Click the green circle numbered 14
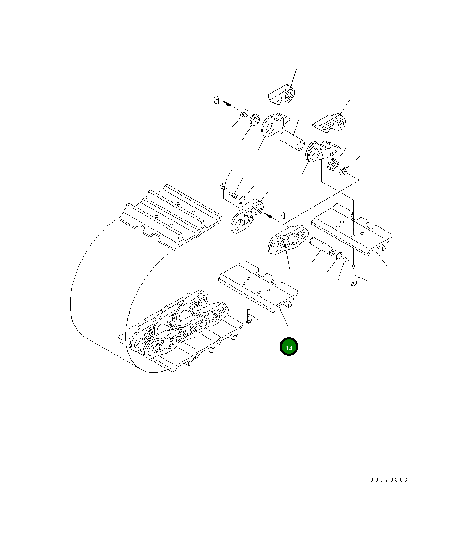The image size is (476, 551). click(x=289, y=347)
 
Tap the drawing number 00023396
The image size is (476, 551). click(x=389, y=480)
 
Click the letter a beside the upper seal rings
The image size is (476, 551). click(x=217, y=100)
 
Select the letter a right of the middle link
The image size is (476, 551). click(x=282, y=215)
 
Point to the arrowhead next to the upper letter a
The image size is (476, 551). click(x=227, y=104)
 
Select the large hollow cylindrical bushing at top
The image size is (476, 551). click(x=292, y=140)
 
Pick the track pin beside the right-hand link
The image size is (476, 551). click(x=323, y=246)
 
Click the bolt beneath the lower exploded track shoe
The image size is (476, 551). click(x=249, y=316)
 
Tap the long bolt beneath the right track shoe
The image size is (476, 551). click(x=353, y=276)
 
